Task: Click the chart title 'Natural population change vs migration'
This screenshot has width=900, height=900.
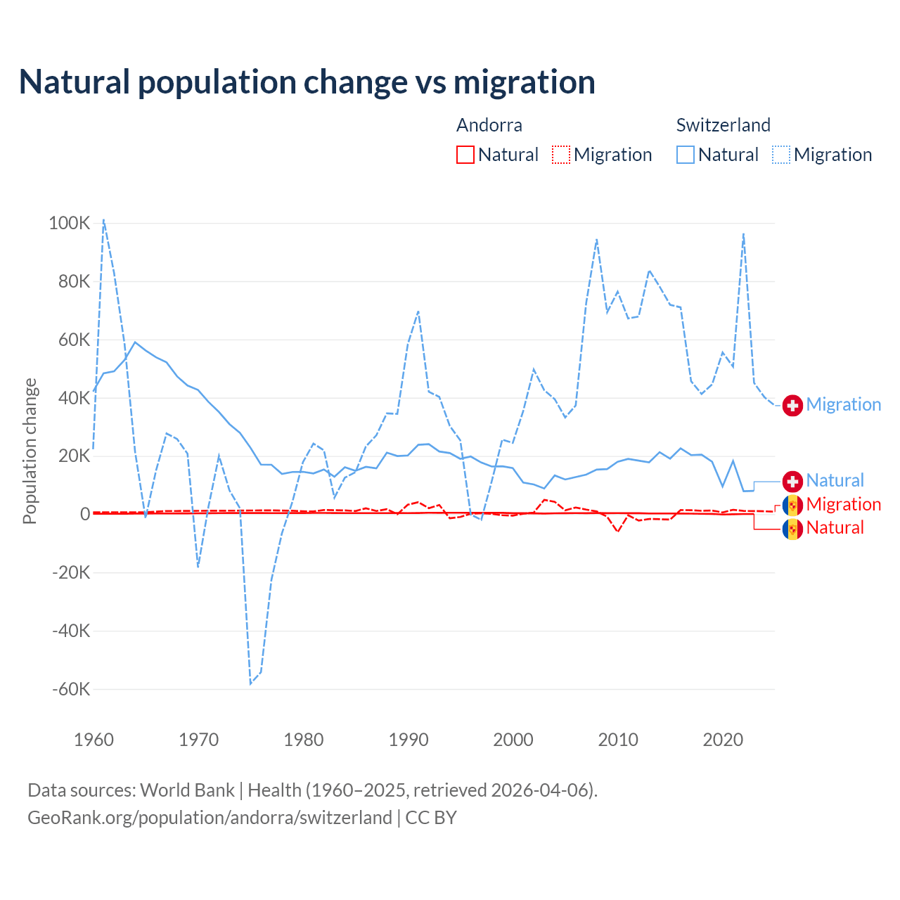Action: point(307,82)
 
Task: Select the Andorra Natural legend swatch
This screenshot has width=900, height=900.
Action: point(465,155)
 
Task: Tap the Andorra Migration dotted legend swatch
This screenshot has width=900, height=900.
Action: point(561,155)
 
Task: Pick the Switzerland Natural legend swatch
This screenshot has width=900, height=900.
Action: point(685,155)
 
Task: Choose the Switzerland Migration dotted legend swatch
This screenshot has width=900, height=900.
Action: point(781,155)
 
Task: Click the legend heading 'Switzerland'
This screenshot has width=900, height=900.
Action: point(723,125)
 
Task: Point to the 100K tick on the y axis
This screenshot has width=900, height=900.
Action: point(70,224)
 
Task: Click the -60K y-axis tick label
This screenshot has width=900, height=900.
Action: point(71,689)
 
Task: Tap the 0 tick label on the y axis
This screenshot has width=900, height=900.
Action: point(85,515)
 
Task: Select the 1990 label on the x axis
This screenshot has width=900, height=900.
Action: point(409,740)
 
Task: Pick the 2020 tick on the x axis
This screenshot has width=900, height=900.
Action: point(723,740)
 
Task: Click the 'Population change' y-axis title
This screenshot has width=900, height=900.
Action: point(30,451)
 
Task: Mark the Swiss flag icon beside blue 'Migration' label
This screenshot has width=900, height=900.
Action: point(792,405)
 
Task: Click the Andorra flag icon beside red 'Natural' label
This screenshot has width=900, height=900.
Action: point(792,528)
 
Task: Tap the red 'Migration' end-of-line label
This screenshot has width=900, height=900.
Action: point(843,504)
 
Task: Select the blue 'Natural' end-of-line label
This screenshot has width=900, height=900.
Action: point(835,481)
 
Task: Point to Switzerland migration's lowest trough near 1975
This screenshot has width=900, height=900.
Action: point(250,683)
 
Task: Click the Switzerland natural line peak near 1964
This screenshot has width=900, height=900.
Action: point(135,342)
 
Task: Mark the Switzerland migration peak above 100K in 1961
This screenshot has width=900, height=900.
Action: point(103,219)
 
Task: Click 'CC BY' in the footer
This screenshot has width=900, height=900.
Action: point(431,818)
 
